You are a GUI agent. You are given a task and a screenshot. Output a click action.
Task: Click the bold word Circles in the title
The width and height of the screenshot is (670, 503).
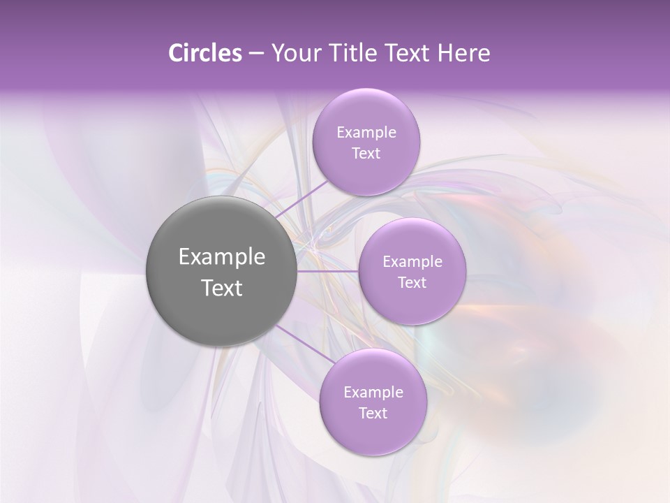pyautogui.click(x=205, y=53)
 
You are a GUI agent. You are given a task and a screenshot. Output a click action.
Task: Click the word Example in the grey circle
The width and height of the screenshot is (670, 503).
pyautogui.click(x=221, y=257)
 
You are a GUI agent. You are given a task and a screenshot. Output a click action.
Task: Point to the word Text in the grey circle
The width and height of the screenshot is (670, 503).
pyautogui.click(x=221, y=288)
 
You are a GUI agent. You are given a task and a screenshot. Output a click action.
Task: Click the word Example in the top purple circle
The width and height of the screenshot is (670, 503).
pyautogui.click(x=366, y=133)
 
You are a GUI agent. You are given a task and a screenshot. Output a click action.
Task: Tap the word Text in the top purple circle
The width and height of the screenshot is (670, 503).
pyautogui.click(x=366, y=154)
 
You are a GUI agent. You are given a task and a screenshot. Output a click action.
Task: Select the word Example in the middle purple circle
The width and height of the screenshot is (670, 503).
pyautogui.click(x=412, y=262)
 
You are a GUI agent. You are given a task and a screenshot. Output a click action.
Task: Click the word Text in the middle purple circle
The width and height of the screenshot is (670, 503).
pyautogui.click(x=412, y=283)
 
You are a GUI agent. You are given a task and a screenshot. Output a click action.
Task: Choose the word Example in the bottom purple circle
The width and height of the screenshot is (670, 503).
pyautogui.click(x=373, y=392)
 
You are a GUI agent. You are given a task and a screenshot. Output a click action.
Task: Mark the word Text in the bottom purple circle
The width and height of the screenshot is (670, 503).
pyautogui.click(x=373, y=413)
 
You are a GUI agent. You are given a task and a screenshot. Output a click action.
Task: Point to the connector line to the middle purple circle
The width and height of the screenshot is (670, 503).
pyautogui.click(x=327, y=271)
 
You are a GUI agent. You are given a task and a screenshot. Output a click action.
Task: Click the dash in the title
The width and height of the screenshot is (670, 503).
pyautogui.click(x=255, y=54)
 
